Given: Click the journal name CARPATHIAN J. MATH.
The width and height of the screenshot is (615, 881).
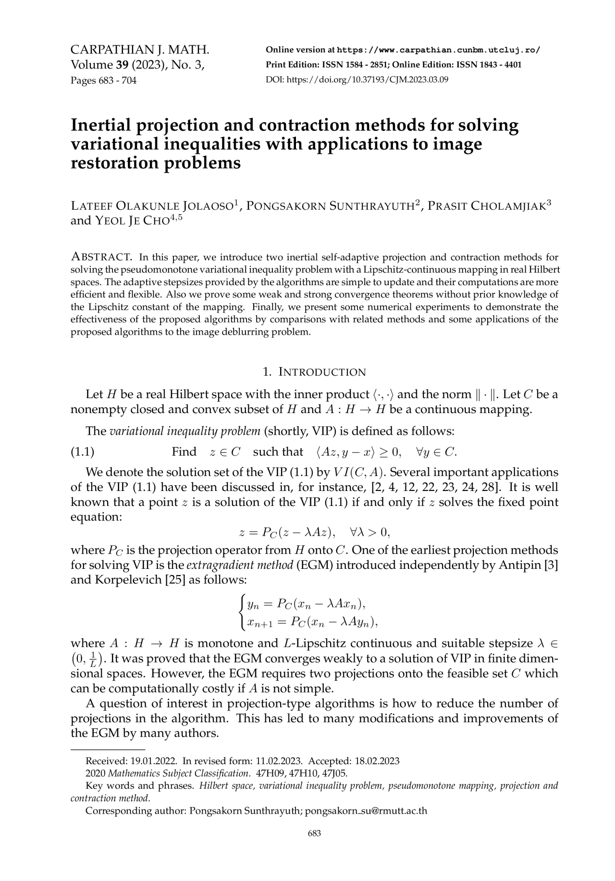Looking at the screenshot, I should coord(140,50).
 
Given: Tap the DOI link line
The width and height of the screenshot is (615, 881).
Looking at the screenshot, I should coord(357,80).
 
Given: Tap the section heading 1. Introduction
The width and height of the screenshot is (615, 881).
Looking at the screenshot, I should coord(314,372).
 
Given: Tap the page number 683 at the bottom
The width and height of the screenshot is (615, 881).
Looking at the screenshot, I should coord(314,847).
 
